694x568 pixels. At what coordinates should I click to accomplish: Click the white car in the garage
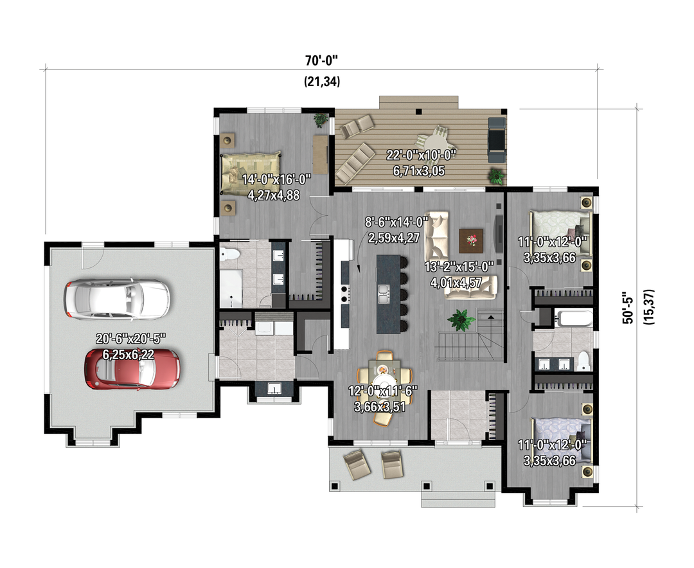(x=116, y=299)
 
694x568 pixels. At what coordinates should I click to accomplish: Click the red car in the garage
(x=132, y=369)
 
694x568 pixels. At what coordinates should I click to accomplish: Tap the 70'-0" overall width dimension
(x=322, y=60)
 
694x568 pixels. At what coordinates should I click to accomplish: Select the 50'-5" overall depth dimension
(x=628, y=308)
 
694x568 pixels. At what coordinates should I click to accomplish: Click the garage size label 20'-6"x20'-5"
(x=130, y=339)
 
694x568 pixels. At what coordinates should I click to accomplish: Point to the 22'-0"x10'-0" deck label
(x=421, y=155)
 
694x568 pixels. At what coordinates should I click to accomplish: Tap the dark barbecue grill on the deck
(x=497, y=140)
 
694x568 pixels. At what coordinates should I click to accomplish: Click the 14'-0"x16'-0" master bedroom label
(x=276, y=179)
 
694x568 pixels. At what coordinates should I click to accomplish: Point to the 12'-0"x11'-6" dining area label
(x=383, y=391)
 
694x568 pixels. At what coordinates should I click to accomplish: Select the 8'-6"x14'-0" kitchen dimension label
(x=396, y=222)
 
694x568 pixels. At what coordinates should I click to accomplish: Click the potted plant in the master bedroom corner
(x=321, y=120)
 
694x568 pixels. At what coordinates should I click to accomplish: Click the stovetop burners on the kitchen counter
(x=344, y=294)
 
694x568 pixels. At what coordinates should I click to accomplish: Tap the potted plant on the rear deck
(x=496, y=176)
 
